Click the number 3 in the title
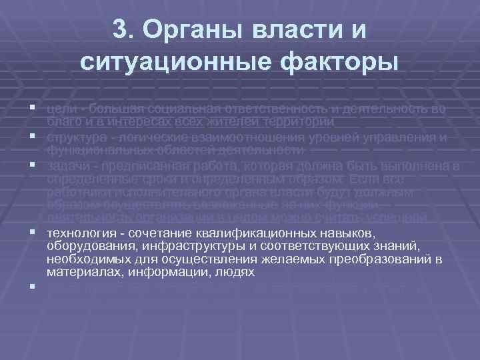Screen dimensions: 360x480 point(121,31)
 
